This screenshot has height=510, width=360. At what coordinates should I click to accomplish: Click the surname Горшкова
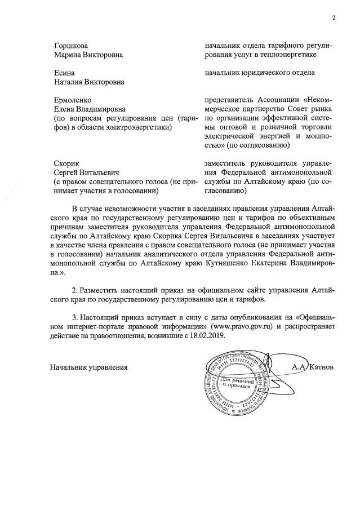pyautogui.click(x=71, y=45)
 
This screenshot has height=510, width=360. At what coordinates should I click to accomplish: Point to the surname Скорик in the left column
pyautogui.click(x=65, y=162)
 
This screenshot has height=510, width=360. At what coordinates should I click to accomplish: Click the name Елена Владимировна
pyautogui.click(x=88, y=108)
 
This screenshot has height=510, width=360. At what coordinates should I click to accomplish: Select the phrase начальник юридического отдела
pyautogui.click(x=260, y=73)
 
